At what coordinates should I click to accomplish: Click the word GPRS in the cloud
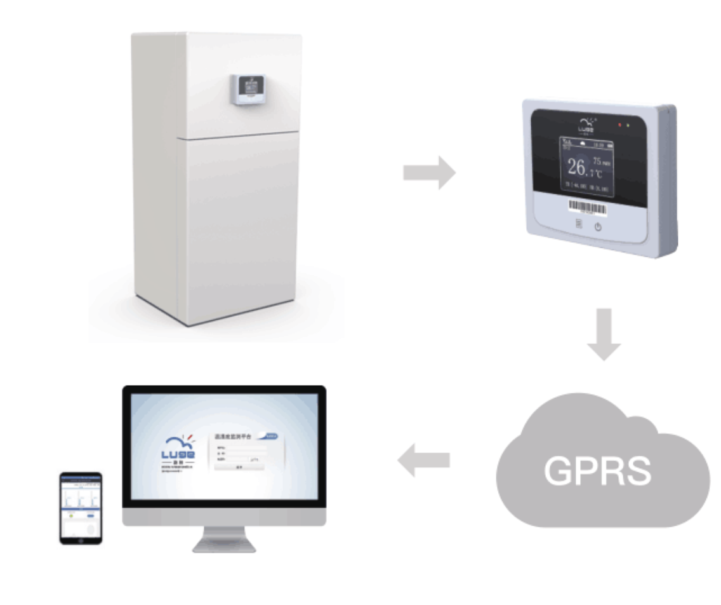point(597,470)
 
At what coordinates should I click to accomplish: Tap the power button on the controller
point(598,228)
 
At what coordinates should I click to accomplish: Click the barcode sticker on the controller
point(588,206)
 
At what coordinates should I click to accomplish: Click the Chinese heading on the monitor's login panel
point(234,437)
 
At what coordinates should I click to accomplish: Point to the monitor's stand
point(223,540)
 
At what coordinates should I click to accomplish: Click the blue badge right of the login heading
point(270,436)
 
